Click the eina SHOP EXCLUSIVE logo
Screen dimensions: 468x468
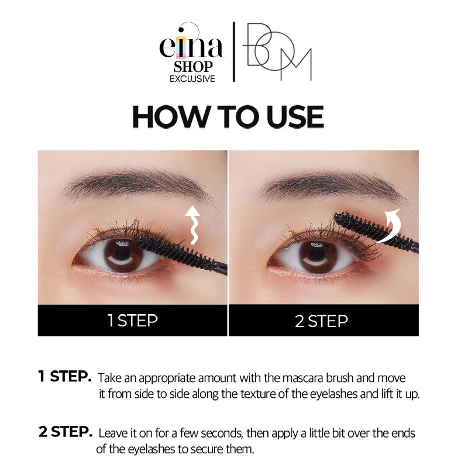[x=191, y=53]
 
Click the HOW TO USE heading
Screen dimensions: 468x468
[x=228, y=117]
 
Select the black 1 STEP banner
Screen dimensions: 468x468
[x=132, y=320]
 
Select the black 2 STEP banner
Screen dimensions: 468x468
[x=323, y=320]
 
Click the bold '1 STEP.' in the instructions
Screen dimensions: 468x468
[x=64, y=377]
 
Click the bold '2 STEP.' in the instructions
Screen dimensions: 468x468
[x=65, y=433]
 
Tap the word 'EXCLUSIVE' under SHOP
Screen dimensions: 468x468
[x=192, y=78]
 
